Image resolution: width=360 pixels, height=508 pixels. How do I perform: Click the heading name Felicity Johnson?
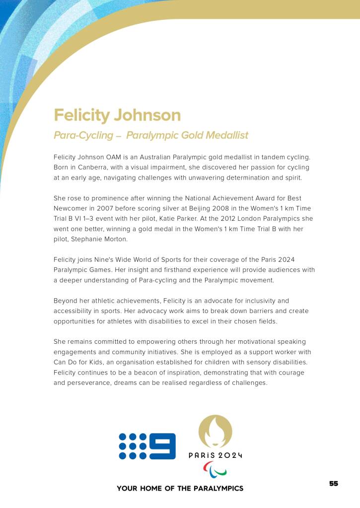(x=117, y=115)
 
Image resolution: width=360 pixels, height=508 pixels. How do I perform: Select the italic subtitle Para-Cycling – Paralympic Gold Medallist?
(x=151, y=135)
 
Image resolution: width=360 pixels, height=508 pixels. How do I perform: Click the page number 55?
(x=334, y=484)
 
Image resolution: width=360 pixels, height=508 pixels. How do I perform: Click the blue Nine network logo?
(x=147, y=446)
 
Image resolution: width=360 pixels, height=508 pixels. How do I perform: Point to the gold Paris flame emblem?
(x=215, y=431)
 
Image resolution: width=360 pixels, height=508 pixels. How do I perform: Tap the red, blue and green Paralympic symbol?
(x=215, y=468)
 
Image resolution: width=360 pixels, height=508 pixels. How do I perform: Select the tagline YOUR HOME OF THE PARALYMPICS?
(x=180, y=489)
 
